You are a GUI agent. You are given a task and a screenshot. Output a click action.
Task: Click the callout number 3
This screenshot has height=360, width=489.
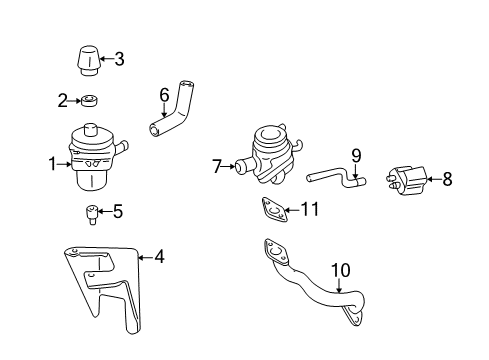click(x=119, y=59)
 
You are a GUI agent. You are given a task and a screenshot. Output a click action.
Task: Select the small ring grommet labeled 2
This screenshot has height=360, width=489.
click(x=89, y=100)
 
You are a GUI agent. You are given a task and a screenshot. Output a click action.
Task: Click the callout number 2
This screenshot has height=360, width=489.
click(x=62, y=100)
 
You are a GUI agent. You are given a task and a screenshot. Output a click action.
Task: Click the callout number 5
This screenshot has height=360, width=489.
click(x=117, y=212)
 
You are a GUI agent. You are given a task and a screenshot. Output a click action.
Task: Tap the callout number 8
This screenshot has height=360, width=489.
click(x=447, y=180)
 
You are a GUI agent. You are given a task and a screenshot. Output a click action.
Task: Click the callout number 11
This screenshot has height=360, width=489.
click(x=311, y=210)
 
